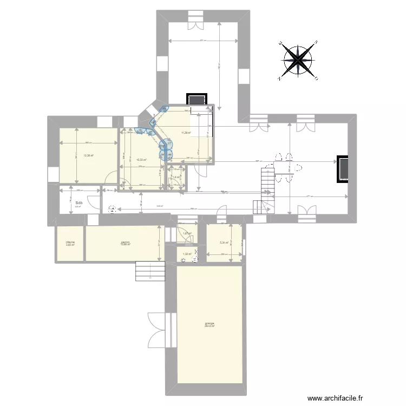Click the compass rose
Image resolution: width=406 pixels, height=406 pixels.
[298, 60]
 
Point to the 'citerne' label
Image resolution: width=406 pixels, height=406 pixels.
[70, 244]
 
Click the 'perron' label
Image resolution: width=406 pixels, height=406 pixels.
[125, 243]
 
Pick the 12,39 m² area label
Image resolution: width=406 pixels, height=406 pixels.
[88, 156]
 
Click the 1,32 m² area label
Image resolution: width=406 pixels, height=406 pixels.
[187, 254]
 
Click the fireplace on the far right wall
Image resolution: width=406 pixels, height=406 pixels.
[343, 168]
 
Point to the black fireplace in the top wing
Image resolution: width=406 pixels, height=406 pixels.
[196, 100]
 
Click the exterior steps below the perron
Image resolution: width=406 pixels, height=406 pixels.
[149, 270]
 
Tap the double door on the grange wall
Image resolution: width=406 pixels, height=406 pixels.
[157, 330]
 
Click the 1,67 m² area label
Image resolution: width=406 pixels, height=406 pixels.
[187, 234]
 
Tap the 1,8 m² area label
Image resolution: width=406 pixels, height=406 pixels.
[176, 177]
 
